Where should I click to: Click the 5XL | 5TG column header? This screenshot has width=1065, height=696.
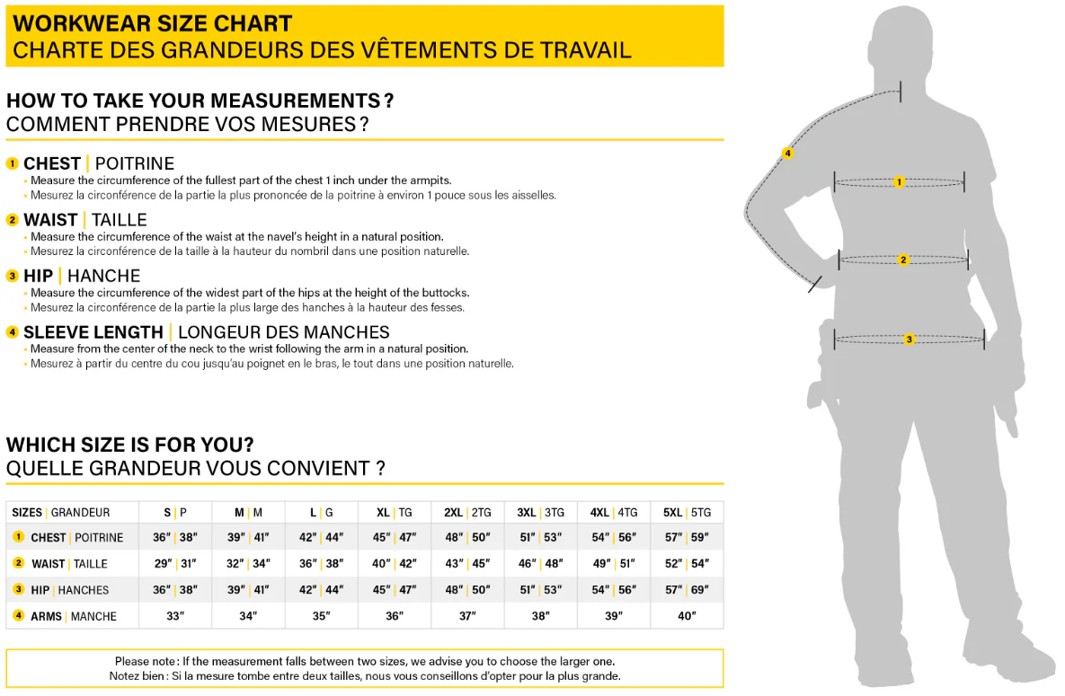point(687,512)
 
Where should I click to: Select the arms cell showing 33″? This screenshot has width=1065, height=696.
point(175,616)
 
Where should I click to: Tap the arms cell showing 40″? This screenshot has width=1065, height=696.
point(687,616)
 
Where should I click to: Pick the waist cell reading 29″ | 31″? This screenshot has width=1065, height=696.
point(175,564)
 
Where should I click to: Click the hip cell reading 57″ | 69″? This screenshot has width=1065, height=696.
point(687,590)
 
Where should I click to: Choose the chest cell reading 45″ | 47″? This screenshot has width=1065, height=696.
point(395,538)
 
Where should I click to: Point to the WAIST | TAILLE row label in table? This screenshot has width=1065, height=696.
point(69,564)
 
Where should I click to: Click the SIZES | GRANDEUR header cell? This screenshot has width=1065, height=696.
point(61,512)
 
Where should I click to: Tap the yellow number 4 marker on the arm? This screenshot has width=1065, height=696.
point(788,154)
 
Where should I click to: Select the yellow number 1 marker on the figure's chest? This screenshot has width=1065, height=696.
point(899,182)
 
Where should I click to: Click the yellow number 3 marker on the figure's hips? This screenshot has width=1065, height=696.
point(910,339)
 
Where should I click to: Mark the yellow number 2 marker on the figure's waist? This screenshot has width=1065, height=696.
point(903,260)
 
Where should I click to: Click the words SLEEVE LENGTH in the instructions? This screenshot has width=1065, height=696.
point(93,332)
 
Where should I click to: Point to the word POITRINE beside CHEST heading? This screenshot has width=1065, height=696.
point(135,163)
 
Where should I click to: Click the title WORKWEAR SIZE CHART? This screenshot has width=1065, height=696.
point(153,23)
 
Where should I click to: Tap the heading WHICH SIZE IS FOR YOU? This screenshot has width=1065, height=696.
point(130,445)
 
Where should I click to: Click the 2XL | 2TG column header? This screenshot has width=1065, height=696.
point(467,512)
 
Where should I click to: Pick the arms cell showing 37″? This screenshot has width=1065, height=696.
point(467,616)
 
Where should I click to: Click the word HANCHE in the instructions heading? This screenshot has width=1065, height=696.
point(103,276)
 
